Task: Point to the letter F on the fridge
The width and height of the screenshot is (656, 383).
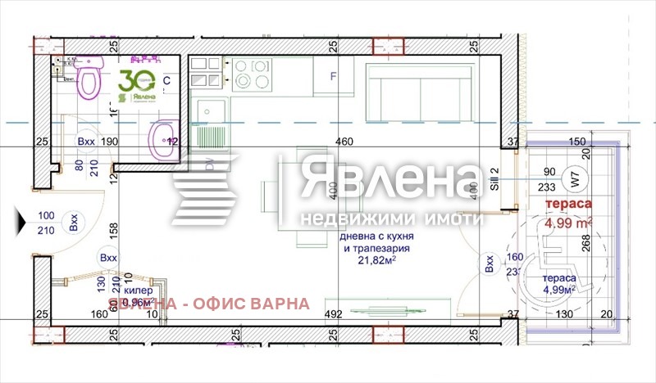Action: [x=333, y=78]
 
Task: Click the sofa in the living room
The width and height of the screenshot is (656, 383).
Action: [x=417, y=90]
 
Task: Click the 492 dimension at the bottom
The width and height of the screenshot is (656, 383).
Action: [x=335, y=313]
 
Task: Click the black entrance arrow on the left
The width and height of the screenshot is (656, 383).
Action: [x=20, y=219]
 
